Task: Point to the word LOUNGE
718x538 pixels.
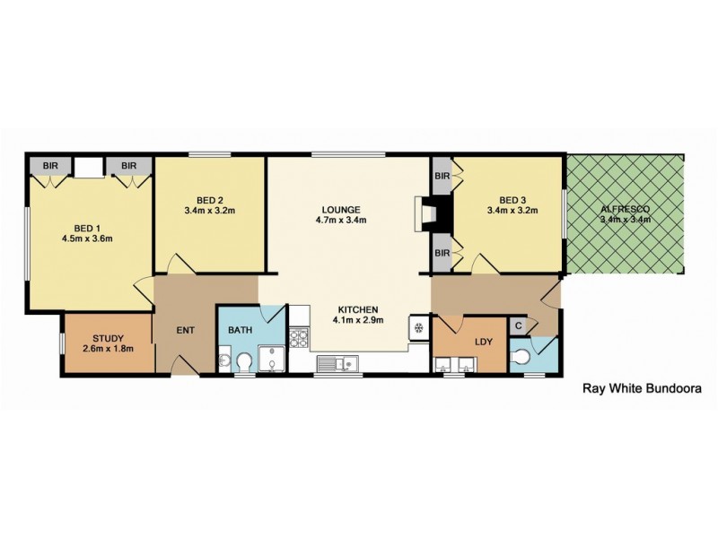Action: coord(341,208)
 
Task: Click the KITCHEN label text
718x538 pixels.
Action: coord(358,308)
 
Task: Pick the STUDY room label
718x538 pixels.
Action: coord(107,338)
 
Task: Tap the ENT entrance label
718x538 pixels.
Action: coord(185,331)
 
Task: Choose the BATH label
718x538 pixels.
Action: coord(240,330)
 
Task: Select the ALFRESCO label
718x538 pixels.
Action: coord(626,212)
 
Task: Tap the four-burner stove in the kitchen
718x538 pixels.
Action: coord(299,338)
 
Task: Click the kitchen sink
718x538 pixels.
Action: coord(338,363)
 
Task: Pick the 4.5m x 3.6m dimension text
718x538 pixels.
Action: coord(86,239)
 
